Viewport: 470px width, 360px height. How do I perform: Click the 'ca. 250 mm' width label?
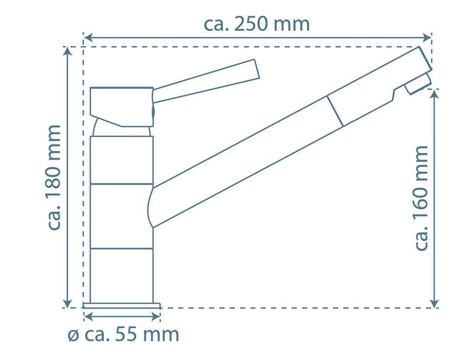click(256, 25)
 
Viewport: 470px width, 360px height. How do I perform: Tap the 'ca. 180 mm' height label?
click(54, 178)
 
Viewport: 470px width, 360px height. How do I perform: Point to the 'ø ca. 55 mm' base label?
click(123, 334)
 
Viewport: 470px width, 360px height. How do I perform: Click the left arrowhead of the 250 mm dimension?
click(87, 38)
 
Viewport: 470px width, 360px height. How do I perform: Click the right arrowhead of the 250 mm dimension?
click(427, 38)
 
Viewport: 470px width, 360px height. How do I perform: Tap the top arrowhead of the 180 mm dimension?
click(68, 51)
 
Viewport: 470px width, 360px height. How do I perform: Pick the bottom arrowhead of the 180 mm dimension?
click(68, 303)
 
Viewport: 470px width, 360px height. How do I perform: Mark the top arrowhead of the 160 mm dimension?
click(434, 94)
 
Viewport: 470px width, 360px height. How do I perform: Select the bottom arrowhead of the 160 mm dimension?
click(434, 303)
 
